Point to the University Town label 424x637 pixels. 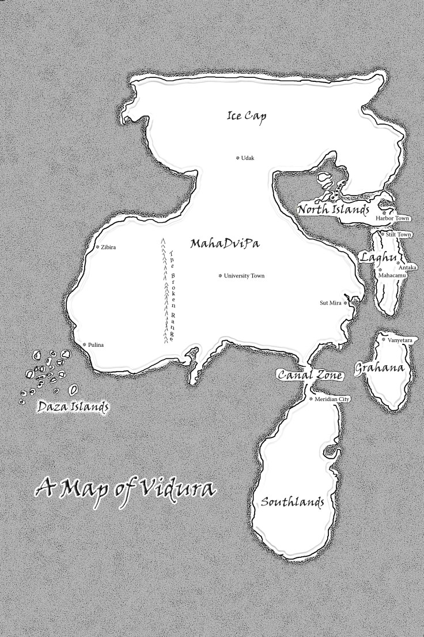244,276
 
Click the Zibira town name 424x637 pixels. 108,248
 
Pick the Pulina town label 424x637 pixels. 96,344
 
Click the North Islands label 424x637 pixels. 334,209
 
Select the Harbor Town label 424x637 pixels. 392,219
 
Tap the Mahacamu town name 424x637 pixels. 392,276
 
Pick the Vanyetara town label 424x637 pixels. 400,340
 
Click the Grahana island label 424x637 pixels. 378,367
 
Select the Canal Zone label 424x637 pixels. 310,376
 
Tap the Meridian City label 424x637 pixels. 333,399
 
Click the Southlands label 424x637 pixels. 292,501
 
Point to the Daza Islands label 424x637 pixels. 73,407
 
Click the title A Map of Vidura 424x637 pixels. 125,488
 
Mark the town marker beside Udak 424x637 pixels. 237,158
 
